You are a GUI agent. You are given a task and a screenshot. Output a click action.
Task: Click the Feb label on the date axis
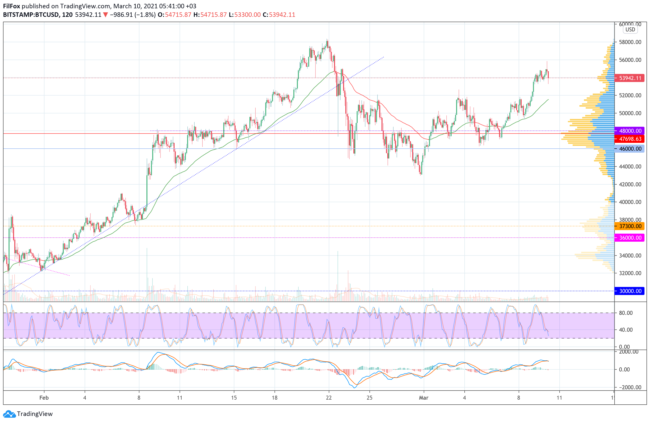44,398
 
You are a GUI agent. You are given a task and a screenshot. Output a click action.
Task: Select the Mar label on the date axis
424,398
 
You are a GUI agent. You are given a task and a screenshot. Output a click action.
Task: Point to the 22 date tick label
329,398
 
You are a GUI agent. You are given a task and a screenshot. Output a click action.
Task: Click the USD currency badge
630,29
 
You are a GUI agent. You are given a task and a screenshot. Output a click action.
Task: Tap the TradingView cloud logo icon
10,414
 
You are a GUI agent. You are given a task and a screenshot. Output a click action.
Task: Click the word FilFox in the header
12,6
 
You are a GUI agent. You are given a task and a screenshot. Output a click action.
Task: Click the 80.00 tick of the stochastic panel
626,313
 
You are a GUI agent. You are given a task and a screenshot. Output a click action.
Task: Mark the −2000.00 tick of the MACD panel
628,387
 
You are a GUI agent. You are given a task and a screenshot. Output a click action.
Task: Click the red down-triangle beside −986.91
105,15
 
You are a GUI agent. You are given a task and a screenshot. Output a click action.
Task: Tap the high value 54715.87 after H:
213,15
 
